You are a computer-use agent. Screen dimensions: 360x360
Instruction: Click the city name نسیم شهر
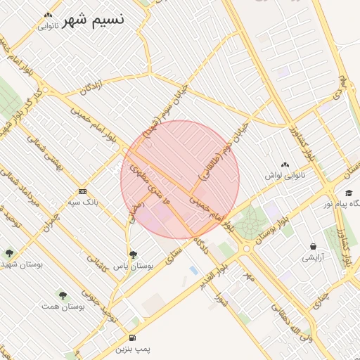93,19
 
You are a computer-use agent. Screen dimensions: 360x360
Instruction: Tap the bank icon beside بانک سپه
83,191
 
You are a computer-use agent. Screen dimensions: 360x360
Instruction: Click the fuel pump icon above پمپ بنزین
133,338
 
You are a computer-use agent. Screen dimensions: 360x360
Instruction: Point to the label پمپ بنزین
133,349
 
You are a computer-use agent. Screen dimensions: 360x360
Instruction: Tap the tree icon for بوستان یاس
133,255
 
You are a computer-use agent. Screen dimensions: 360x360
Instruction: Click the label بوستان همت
63,307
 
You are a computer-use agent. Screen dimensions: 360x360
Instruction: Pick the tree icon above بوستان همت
63,296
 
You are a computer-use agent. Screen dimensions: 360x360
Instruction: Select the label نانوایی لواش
285,174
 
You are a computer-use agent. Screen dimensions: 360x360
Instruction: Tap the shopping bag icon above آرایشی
312,247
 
